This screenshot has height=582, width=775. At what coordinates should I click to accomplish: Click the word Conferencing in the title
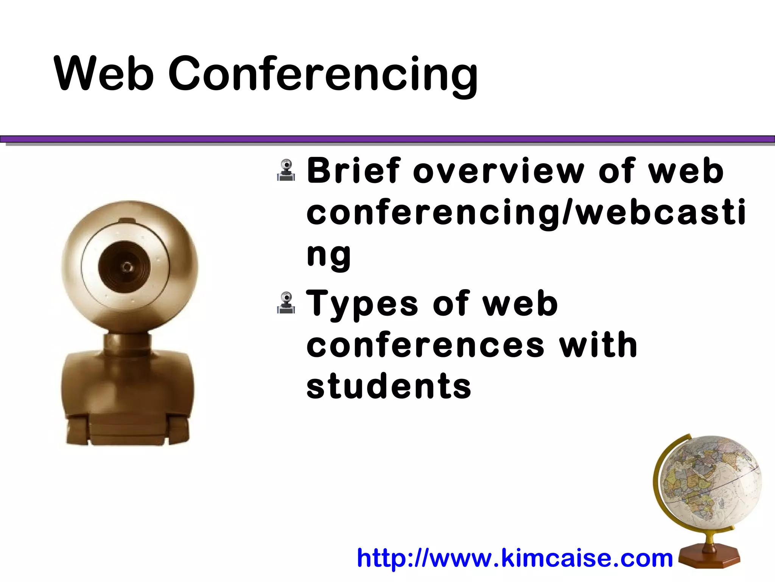click(322, 75)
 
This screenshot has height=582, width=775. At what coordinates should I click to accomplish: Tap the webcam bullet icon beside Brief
click(286, 171)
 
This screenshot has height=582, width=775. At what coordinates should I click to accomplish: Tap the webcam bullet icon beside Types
click(286, 303)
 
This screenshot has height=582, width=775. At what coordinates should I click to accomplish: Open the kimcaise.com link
click(515, 558)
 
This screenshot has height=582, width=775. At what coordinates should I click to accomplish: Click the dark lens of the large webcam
click(124, 266)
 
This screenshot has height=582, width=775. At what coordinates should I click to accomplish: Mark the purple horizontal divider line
click(387, 139)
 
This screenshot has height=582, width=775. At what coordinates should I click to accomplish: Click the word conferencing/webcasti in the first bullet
click(526, 213)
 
